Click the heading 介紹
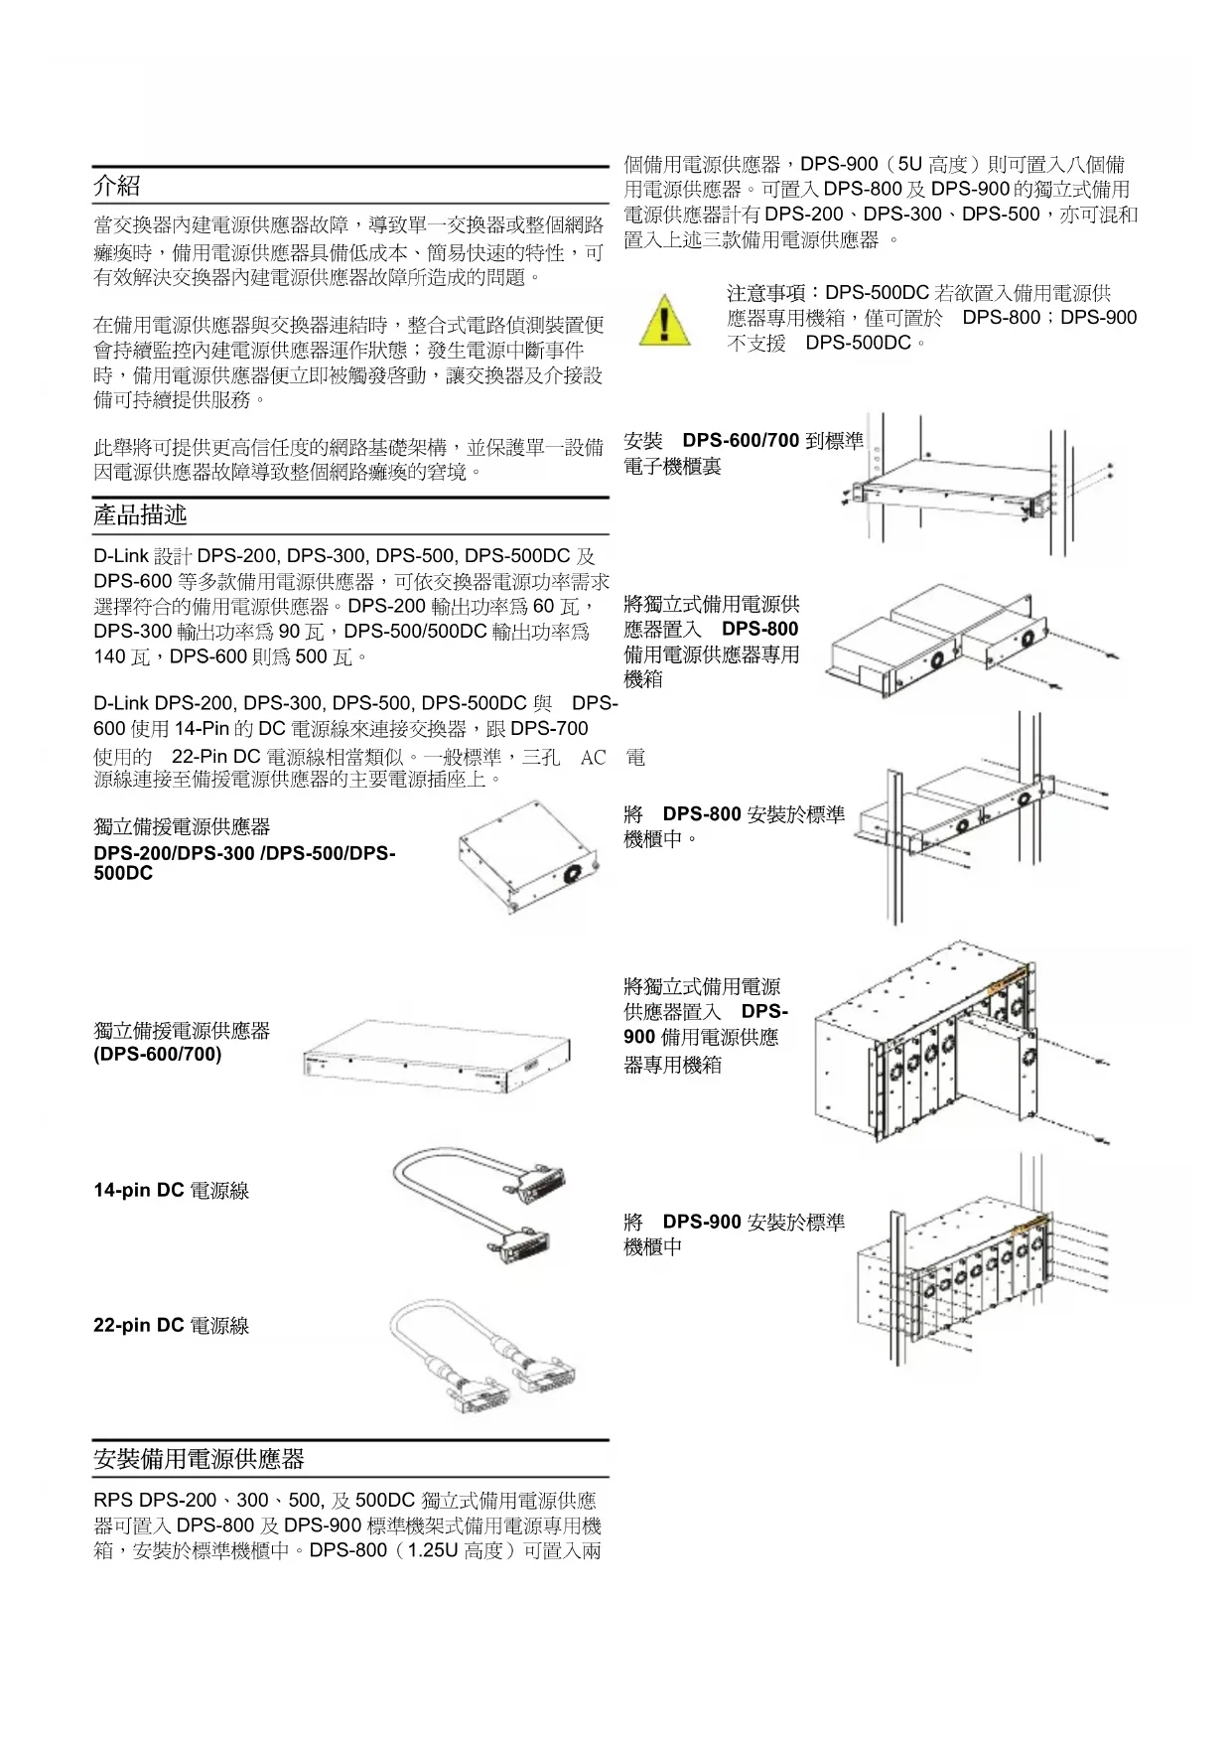(117, 186)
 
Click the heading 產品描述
(140, 514)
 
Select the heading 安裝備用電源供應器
(199, 1459)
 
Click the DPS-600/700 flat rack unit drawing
(435, 1059)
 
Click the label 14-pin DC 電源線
(171, 1190)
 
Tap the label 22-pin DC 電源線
(171, 1325)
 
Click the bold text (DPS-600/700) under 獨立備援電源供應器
(157, 1054)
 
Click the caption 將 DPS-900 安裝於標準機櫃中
(734, 1234)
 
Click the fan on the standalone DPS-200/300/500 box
(572, 875)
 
